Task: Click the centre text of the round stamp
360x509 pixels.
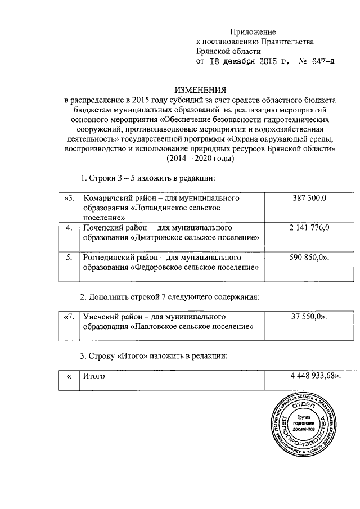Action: click(304, 424)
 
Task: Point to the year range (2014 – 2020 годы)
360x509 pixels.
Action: click(201, 159)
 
